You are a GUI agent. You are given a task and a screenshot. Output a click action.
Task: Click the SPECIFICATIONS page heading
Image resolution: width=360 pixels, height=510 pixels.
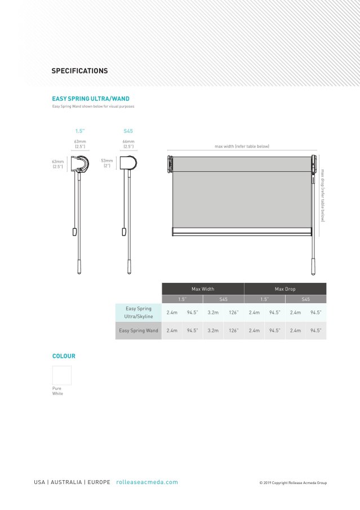pyautogui.click(x=79, y=71)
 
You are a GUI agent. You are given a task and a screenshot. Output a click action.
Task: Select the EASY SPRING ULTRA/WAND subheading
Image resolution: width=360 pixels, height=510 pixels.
pyautogui.click(x=91, y=99)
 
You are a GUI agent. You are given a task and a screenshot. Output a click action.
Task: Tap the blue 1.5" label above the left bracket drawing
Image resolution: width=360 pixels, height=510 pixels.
pyautogui.click(x=80, y=131)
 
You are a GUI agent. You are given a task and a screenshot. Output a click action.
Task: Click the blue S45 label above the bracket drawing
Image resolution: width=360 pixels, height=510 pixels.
pyautogui.click(x=128, y=131)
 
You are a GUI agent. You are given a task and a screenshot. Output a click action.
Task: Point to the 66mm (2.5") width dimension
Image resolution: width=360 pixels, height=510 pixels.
pyautogui.click(x=128, y=144)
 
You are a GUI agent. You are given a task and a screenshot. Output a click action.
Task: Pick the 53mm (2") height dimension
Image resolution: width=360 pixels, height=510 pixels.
pyautogui.click(x=107, y=163)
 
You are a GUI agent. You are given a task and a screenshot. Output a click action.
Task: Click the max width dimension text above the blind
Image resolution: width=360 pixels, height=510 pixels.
pyautogui.click(x=242, y=147)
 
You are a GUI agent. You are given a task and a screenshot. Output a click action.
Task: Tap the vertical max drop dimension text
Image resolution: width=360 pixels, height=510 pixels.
pyautogui.click(x=323, y=195)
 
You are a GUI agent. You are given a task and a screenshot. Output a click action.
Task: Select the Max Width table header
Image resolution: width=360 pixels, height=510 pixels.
pyautogui.click(x=203, y=289)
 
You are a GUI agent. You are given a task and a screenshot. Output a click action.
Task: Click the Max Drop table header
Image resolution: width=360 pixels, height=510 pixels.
pyautogui.click(x=285, y=289)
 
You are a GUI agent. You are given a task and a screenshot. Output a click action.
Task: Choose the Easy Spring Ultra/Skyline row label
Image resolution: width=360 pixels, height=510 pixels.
pyautogui.click(x=138, y=313)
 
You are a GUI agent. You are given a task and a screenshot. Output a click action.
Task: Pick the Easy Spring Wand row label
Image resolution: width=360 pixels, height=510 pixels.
pyautogui.click(x=139, y=331)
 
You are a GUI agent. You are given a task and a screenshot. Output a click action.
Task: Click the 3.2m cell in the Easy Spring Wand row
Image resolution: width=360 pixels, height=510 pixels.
pyautogui.click(x=213, y=331)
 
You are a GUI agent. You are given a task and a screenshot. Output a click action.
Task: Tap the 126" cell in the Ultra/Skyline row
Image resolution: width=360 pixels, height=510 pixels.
pyautogui.click(x=233, y=312)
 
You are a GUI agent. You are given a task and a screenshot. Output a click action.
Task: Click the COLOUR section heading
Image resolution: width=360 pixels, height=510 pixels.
pyautogui.click(x=64, y=356)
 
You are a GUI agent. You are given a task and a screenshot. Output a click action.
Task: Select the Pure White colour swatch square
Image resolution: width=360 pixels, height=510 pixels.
pyautogui.click(x=62, y=375)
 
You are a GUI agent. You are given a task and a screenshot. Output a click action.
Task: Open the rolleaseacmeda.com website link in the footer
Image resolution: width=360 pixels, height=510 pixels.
pyautogui.click(x=147, y=482)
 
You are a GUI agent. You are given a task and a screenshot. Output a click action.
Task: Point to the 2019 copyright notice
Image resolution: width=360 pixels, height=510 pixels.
pyautogui.click(x=293, y=483)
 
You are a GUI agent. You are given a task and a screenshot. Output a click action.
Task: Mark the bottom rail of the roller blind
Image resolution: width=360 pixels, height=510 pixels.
pyautogui.click(x=242, y=231)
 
